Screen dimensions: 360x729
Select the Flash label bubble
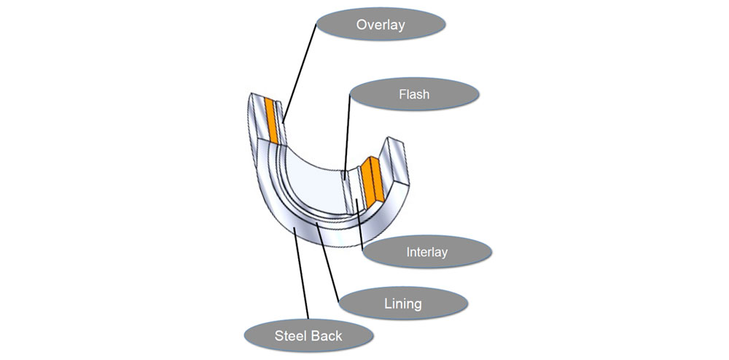413,95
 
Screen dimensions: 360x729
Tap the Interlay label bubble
426,253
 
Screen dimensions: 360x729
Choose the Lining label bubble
402,302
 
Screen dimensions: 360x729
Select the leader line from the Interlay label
359,219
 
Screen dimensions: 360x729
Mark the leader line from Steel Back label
301,273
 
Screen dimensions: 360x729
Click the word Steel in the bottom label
289,336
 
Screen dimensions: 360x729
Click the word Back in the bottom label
326,336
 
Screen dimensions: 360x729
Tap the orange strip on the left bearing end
272,120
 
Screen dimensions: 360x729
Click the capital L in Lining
386,302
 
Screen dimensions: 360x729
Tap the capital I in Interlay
408,253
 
